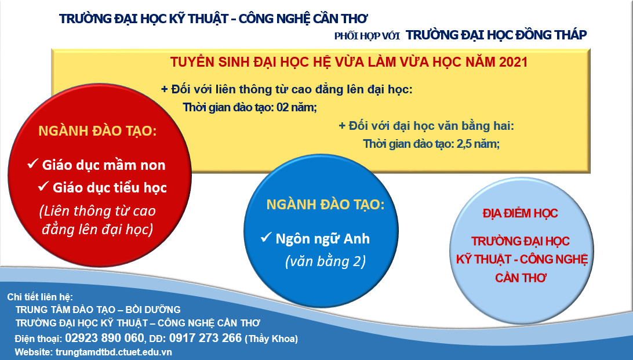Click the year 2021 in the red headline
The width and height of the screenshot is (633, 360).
pos(513,62)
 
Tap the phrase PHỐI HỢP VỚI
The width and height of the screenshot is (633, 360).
pos(367,37)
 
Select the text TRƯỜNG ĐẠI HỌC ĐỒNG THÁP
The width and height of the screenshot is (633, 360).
pos(496,35)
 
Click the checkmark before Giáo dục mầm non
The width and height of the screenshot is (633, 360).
pos(32,164)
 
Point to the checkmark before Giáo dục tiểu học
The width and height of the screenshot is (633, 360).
pos(43,187)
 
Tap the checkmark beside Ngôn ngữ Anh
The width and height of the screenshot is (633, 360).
pos(265,237)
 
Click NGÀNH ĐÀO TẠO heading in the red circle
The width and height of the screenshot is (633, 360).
pos(97,131)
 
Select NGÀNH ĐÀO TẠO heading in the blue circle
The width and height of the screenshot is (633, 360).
pos(325,204)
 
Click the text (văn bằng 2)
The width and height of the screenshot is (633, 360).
pos(325,261)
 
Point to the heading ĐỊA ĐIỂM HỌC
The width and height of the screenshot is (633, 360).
pos(521,213)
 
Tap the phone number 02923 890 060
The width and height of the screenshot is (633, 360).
pos(104,338)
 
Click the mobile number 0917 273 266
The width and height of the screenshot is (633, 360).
pos(205,338)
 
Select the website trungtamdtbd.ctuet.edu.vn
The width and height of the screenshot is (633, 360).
pos(114,352)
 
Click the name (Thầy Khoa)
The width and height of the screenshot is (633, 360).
pos(271,339)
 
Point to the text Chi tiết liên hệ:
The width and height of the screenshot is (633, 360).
pos(40,297)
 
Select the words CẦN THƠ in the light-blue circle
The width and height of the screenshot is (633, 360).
pos(521,278)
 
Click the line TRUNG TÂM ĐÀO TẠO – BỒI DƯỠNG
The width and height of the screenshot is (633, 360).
pos(98,310)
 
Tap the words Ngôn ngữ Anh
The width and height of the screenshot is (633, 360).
pos(322,238)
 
